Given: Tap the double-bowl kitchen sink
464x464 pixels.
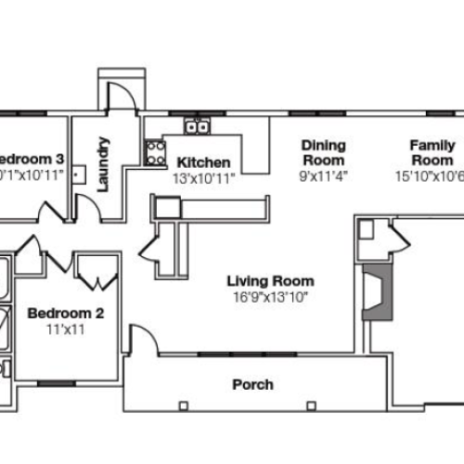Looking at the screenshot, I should (x=196, y=126).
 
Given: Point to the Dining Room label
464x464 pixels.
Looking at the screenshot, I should (x=322, y=152).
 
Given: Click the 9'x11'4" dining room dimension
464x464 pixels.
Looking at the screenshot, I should (x=322, y=175).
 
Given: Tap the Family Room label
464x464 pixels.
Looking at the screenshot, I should (x=432, y=152).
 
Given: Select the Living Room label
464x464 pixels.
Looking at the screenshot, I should (x=272, y=281).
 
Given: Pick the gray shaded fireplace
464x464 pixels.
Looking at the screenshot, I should (x=376, y=293).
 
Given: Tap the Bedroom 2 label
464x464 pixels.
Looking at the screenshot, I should (x=64, y=313).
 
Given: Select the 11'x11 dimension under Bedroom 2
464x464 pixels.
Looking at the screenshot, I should (x=64, y=329).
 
